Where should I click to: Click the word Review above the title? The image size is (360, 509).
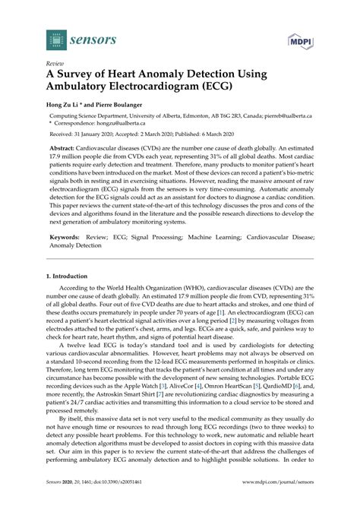[55, 65]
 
